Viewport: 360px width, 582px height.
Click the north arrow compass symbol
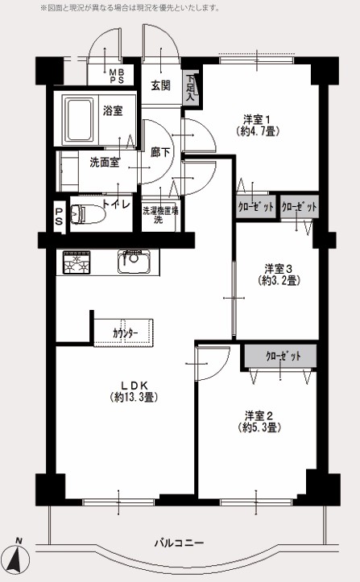[19, 555]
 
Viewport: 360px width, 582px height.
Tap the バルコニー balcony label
[179, 543]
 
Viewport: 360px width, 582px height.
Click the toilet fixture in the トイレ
[86, 214]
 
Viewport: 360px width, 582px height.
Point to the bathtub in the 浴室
[78, 120]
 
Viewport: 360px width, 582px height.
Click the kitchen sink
[134, 261]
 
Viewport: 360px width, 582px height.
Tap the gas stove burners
[77, 262]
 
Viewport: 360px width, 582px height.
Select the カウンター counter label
[125, 333]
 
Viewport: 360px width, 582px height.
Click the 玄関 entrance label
[160, 86]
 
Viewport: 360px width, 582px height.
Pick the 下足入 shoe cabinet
[191, 89]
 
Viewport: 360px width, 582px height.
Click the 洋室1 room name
[257, 119]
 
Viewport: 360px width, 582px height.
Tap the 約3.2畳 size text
[279, 280]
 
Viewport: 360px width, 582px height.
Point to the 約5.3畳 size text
[259, 427]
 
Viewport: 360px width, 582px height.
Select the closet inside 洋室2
[280, 357]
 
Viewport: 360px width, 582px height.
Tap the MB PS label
[116, 76]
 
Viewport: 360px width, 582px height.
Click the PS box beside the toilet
[59, 217]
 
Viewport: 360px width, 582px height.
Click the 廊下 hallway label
[160, 152]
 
